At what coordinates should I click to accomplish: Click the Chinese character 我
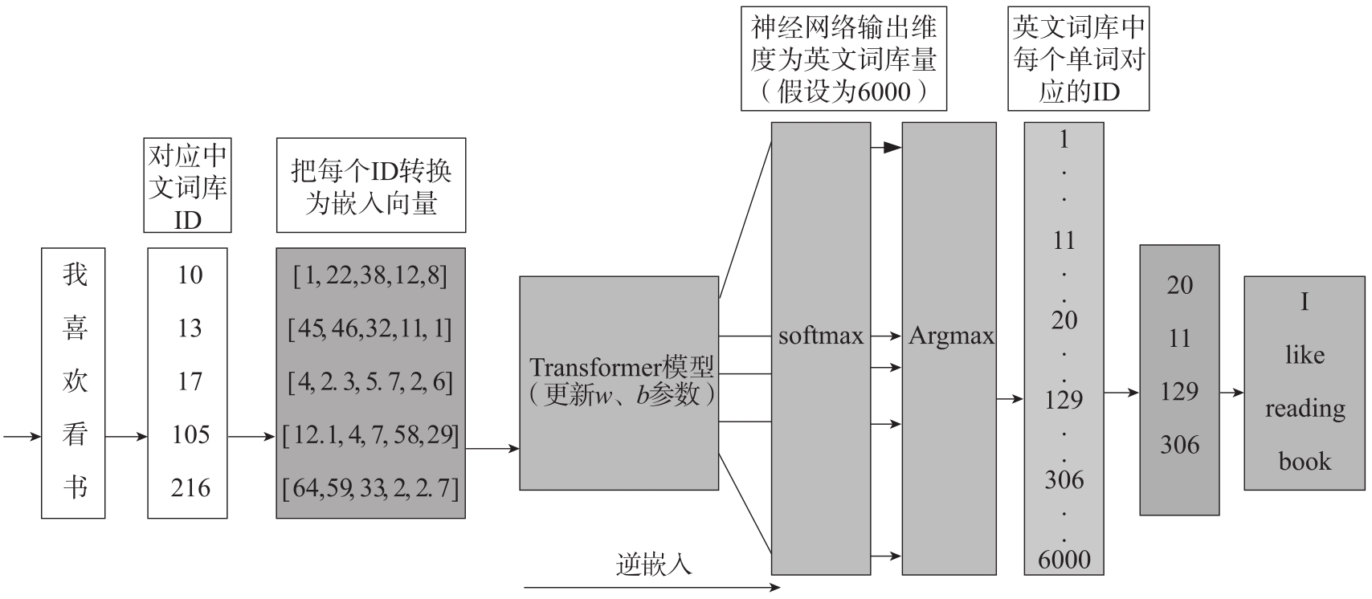click(x=74, y=275)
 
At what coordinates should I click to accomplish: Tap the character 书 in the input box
click(x=74, y=487)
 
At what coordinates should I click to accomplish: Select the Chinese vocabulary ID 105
click(x=190, y=434)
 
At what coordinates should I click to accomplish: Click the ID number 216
click(x=190, y=487)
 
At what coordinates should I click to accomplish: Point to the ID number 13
click(x=190, y=328)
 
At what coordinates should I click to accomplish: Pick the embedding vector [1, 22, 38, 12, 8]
click(x=370, y=275)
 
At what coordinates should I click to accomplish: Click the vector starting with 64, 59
click(x=370, y=487)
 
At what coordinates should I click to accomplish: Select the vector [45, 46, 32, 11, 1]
click(x=370, y=328)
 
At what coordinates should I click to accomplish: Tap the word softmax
click(x=820, y=336)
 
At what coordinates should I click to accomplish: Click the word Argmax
click(x=950, y=336)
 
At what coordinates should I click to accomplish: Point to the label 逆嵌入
click(x=653, y=565)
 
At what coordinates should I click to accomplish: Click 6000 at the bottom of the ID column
click(x=1064, y=560)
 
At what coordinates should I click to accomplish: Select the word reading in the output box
click(x=1305, y=409)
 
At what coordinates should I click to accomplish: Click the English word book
click(x=1305, y=462)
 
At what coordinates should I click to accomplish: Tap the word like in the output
click(x=1305, y=355)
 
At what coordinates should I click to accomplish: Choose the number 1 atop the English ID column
click(x=1064, y=140)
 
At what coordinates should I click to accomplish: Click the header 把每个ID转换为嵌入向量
click(x=370, y=186)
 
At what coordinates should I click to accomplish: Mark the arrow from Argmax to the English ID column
click(x=1010, y=397)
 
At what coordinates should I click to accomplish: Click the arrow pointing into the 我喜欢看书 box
click(x=22, y=437)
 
